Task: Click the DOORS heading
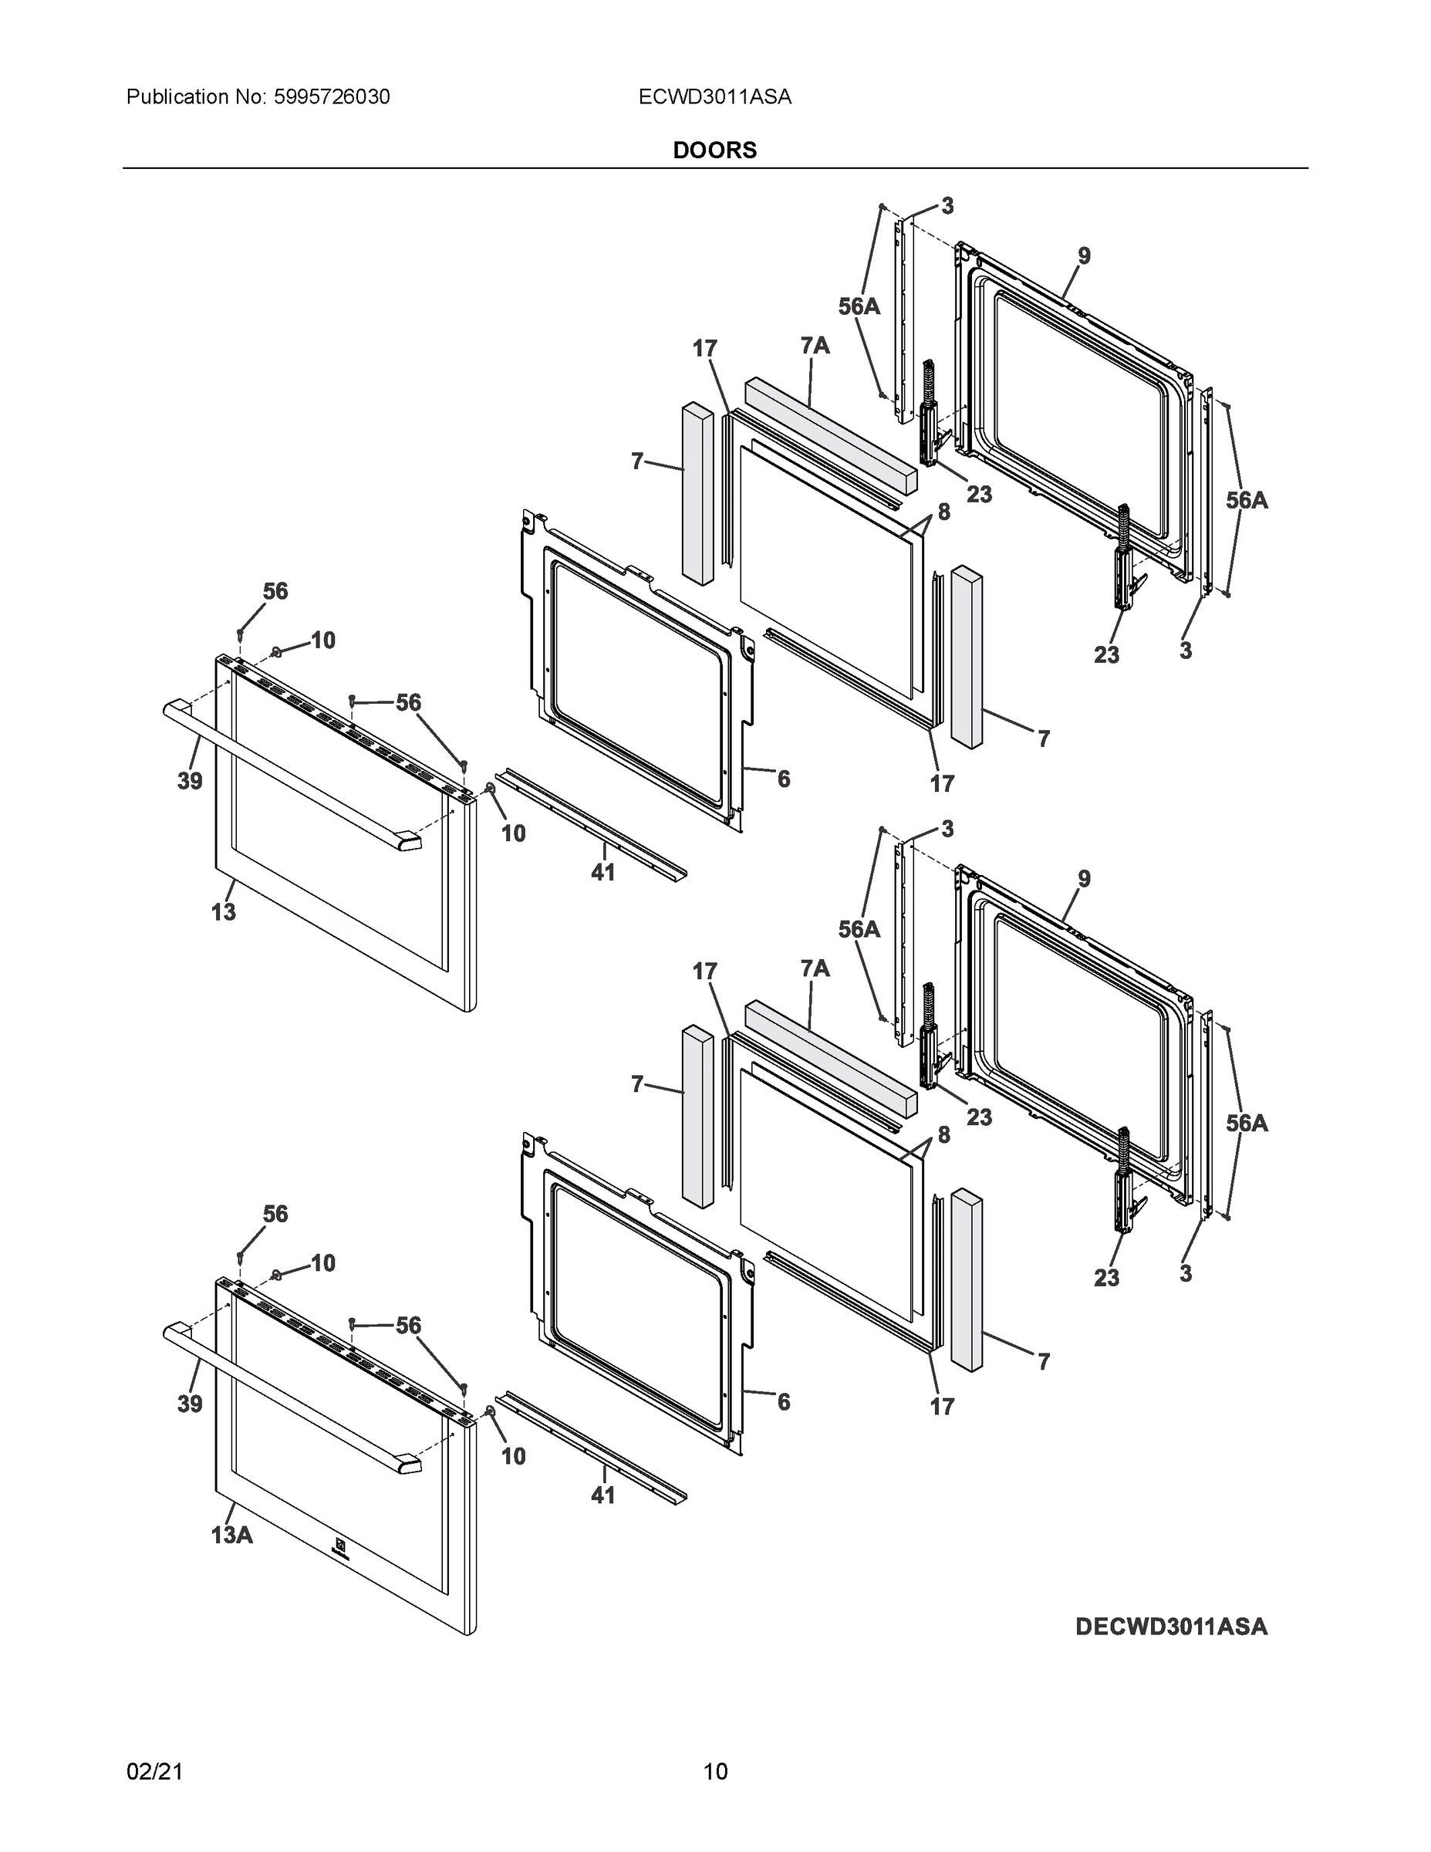point(714,150)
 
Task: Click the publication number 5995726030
point(331,96)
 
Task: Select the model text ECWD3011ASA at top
point(714,96)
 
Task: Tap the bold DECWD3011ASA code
point(1171,1627)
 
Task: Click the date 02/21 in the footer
point(154,1772)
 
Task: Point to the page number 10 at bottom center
point(714,1772)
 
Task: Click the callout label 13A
point(231,1535)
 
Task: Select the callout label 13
point(223,912)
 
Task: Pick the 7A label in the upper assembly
point(814,345)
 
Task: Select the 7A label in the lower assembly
point(814,968)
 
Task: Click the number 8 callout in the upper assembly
point(943,512)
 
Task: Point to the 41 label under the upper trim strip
point(602,872)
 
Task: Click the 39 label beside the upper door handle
point(189,780)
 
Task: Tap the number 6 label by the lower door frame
point(783,1401)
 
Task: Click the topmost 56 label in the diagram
point(275,591)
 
